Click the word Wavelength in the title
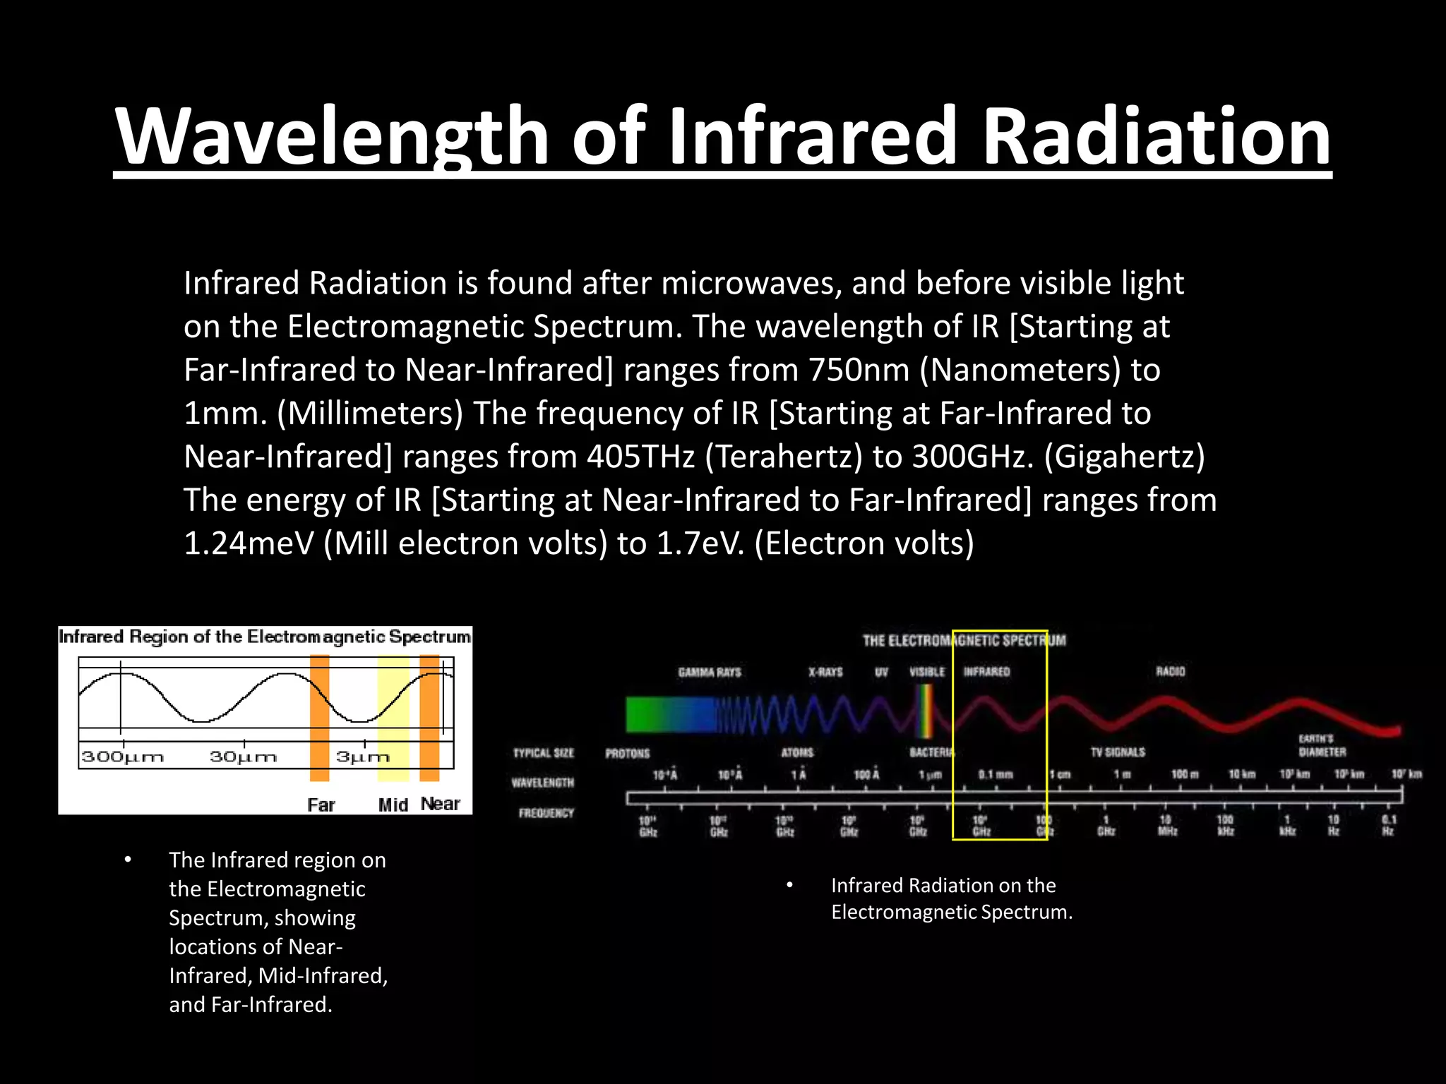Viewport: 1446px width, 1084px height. (x=332, y=135)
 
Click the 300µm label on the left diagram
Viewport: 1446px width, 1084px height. (x=123, y=757)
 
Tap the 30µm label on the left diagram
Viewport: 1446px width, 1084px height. (x=243, y=757)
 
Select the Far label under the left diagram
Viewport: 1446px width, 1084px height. (x=321, y=805)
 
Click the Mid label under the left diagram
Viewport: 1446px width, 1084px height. (x=393, y=805)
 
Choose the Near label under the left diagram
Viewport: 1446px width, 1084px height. (x=440, y=804)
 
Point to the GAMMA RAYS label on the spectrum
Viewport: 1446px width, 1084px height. (x=710, y=672)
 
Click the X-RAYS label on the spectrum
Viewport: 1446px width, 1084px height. (x=825, y=672)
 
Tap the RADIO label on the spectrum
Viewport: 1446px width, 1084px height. (x=1170, y=671)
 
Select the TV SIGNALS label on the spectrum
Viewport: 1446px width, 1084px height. (x=1118, y=752)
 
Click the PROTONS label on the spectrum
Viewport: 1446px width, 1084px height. (x=627, y=754)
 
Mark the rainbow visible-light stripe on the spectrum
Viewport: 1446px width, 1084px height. (x=924, y=711)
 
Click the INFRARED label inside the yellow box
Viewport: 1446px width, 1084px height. (x=986, y=672)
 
